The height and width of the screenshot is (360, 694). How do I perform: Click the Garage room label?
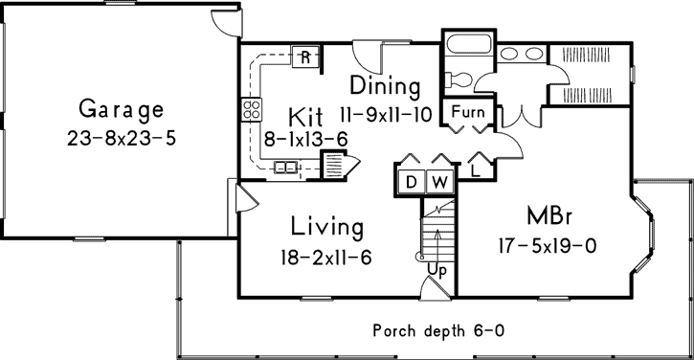click(x=122, y=106)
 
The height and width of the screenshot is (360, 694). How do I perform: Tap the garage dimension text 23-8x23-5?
click(x=123, y=136)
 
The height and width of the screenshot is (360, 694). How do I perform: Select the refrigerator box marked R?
click(x=304, y=56)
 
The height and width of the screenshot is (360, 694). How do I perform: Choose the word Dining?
click(x=384, y=86)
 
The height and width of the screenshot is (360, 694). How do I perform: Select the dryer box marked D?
click(x=410, y=181)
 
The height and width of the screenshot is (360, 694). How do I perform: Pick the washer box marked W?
click(x=438, y=181)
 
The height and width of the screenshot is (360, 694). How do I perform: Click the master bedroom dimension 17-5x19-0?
click(x=549, y=245)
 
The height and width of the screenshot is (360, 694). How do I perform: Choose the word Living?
click(x=327, y=227)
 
